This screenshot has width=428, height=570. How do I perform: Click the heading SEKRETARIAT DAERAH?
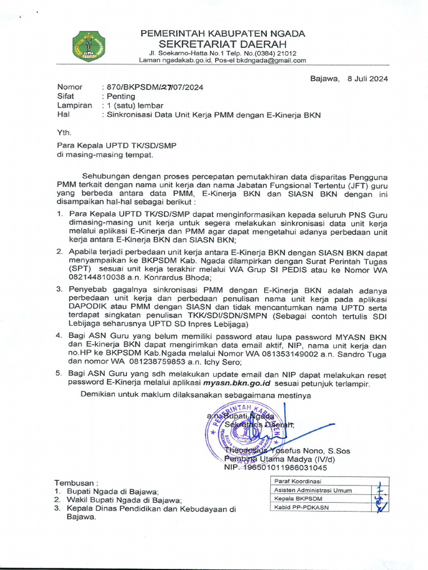pos(222,44)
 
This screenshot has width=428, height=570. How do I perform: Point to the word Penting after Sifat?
pos(121,96)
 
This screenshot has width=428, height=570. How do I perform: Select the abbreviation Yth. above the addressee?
pos(65,132)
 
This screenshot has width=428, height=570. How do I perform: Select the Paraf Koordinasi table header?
pos(298,481)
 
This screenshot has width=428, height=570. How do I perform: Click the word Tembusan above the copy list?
pos(75,482)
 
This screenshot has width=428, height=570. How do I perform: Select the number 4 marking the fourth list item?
pos(59,336)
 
